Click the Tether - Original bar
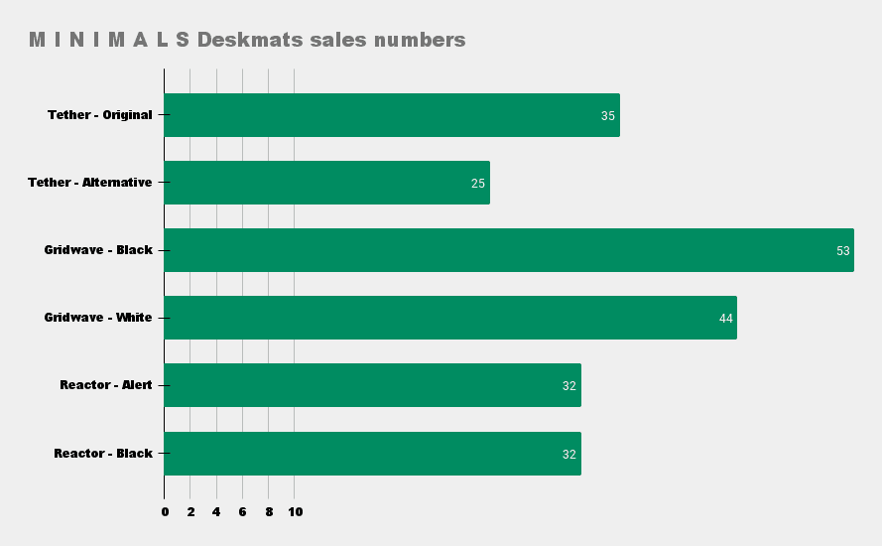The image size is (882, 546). click(392, 115)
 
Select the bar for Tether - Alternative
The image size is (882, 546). click(326, 183)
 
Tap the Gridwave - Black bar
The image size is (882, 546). click(509, 250)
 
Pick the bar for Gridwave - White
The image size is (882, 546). click(450, 318)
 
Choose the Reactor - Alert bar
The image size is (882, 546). click(372, 385)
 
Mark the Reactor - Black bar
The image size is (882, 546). click(372, 454)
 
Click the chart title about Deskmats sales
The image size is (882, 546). click(247, 41)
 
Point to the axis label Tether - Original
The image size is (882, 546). click(100, 115)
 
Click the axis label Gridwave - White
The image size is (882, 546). click(98, 318)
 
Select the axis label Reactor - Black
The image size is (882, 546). click(103, 454)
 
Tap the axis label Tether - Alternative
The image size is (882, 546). click(90, 183)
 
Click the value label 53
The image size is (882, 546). click(843, 251)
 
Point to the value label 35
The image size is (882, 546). click(608, 116)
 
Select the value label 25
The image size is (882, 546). click(478, 184)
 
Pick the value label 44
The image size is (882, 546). click(726, 319)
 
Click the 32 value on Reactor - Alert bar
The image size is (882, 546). click(569, 386)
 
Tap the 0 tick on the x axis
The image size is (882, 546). click(165, 512)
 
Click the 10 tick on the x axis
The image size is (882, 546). click(295, 512)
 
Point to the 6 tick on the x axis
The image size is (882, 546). click(242, 512)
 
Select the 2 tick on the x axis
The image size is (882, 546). click(190, 512)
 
